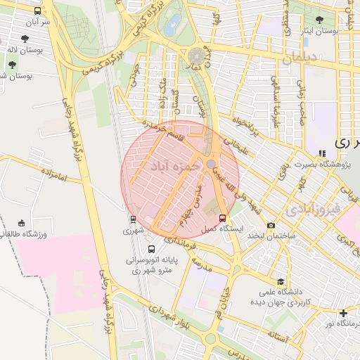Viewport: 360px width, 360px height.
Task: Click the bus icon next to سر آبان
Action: [x=37, y=11]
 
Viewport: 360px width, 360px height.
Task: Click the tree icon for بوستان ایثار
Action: [x=321, y=20]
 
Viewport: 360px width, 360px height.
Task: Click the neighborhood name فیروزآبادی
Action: [x=313, y=209]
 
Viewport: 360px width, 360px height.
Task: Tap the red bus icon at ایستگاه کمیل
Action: [x=223, y=218]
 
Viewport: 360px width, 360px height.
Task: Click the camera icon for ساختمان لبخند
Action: [x=271, y=225]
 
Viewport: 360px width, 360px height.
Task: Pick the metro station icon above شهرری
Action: [x=132, y=219]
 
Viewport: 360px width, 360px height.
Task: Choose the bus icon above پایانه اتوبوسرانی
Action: [x=152, y=248]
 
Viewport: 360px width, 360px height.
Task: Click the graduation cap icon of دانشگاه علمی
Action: [x=281, y=281]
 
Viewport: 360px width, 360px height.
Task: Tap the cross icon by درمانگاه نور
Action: [x=343, y=312]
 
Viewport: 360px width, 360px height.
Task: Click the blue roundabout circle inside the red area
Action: [x=211, y=164]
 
